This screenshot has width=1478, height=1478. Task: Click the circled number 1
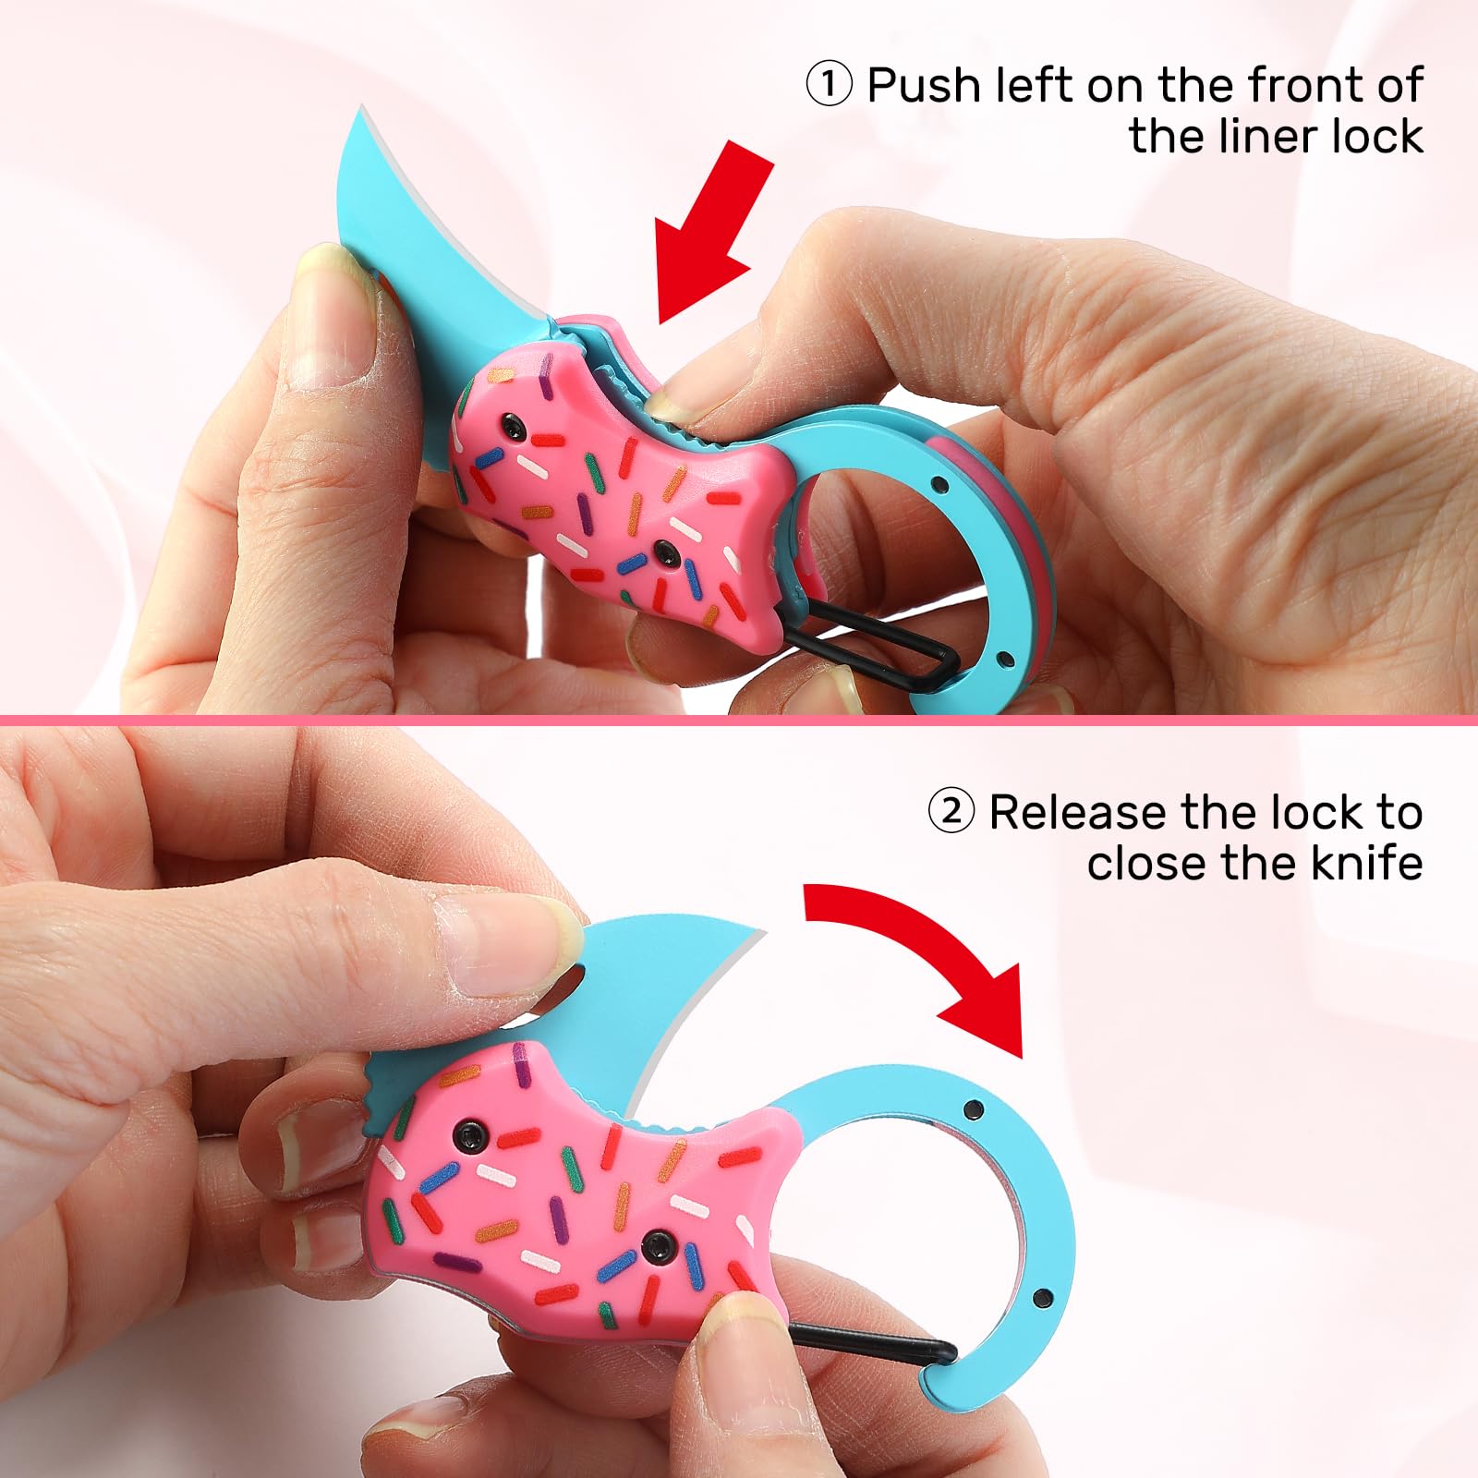pyautogui.click(x=829, y=86)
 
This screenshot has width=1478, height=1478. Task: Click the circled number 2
pyautogui.click(x=951, y=813)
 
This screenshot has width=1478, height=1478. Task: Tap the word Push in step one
pyautogui.click(x=923, y=86)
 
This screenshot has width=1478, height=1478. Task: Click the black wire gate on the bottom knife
pyautogui.click(x=868, y=1344)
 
